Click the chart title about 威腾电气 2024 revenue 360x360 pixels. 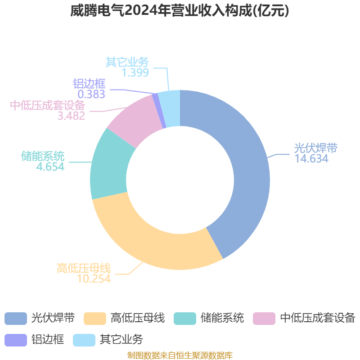tap(180, 10)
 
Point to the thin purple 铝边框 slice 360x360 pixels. tap(159, 111)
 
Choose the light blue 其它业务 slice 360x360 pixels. tap(170, 108)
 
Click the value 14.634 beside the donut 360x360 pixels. tap(311, 159)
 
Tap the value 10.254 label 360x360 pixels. tap(94, 279)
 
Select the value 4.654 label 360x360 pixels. tap(50, 166)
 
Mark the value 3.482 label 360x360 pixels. tap(71, 116)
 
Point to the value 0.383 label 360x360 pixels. tap(91, 94)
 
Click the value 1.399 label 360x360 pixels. tap(135, 72)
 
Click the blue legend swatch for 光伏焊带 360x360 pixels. tap(16, 319)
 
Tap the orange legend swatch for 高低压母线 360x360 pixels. tap(95, 319)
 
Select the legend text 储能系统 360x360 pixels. tap(222, 318)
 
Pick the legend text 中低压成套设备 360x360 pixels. tap(318, 318)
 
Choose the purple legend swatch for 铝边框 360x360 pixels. tap(16, 340)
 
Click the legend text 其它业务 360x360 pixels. tap(121, 340)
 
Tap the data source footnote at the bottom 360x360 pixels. tap(180, 355)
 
